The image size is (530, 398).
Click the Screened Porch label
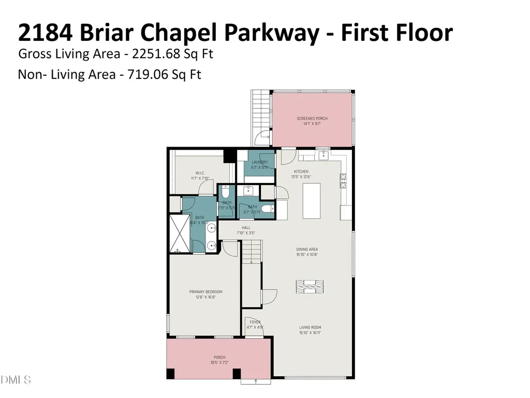click(x=312, y=119)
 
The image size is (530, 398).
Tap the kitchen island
click(x=312, y=201)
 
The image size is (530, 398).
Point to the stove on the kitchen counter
click(x=343, y=180)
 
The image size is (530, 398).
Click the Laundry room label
click(x=259, y=162)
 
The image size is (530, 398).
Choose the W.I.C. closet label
click(x=201, y=173)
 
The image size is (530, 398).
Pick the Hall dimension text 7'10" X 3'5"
click(x=246, y=233)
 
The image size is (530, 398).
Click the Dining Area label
click(x=307, y=249)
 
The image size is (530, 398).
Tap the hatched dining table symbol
click(x=310, y=286)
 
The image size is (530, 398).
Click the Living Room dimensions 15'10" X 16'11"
click(x=310, y=333)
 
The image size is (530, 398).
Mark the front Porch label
click(x=219, y=357)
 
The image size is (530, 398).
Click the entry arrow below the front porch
click(x=256, y=381)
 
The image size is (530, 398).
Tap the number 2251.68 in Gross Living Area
click(x=154, y=54)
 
